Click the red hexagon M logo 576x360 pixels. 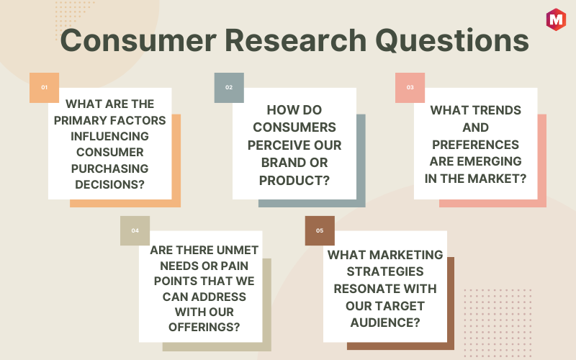click(556, 19)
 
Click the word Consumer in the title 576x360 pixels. click(138, 40)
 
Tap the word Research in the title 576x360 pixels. click(296, 40)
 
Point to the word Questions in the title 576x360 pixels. click(452, 40)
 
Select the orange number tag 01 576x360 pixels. click(44, 87)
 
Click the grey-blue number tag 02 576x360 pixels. click(229, 87)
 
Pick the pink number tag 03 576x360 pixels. click(410, 87)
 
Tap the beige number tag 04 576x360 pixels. click(135, 230)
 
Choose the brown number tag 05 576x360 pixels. click(320, 230)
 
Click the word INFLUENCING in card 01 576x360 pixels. click(110, 136)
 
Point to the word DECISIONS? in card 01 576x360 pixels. click(110, 184)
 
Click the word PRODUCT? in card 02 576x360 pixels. click(294, 181)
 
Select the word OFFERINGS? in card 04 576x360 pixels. click(204, 327)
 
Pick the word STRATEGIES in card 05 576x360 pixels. click(385, 271)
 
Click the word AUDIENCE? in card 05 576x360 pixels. click(385, 323)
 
